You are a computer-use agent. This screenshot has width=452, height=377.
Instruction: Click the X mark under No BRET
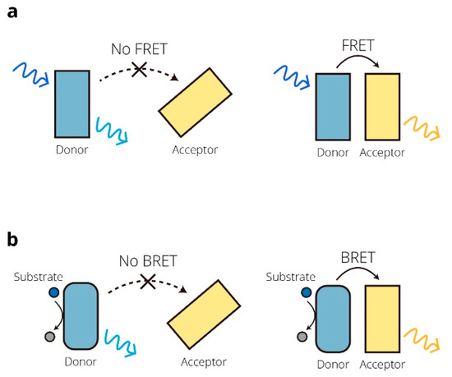coord(148,283)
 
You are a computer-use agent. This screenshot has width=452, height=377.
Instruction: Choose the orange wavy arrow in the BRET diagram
coord(417,336)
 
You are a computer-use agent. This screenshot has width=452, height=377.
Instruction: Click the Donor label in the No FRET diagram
coord(71,150)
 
